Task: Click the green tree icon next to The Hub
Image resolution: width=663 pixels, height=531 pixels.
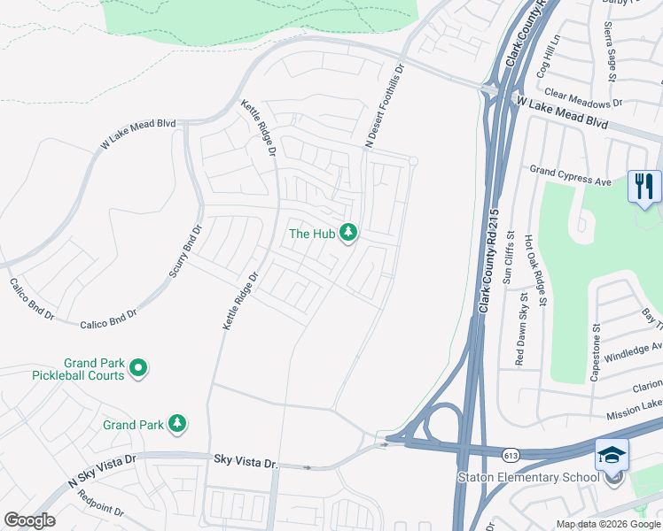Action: pos(348,233)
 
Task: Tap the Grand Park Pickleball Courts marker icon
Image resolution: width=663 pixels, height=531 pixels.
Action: pos(138,366)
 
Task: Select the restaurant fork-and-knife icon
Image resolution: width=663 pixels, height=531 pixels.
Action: pos(644,187)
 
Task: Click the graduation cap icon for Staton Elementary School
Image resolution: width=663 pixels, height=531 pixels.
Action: pos(612,455)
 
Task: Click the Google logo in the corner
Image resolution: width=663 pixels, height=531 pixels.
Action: pos(29,520)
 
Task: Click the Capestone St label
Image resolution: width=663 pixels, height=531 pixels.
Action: pos(596,352)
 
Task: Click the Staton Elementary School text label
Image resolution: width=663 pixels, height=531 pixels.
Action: pos(528,479)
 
